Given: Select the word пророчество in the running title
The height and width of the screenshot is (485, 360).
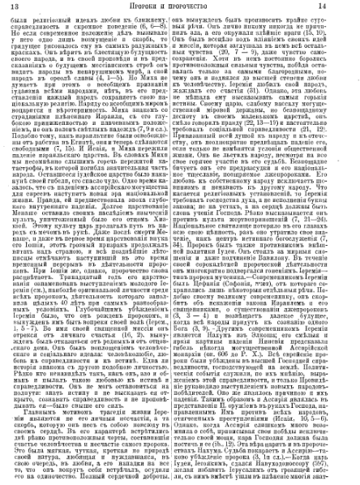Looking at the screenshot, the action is point(203,10).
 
